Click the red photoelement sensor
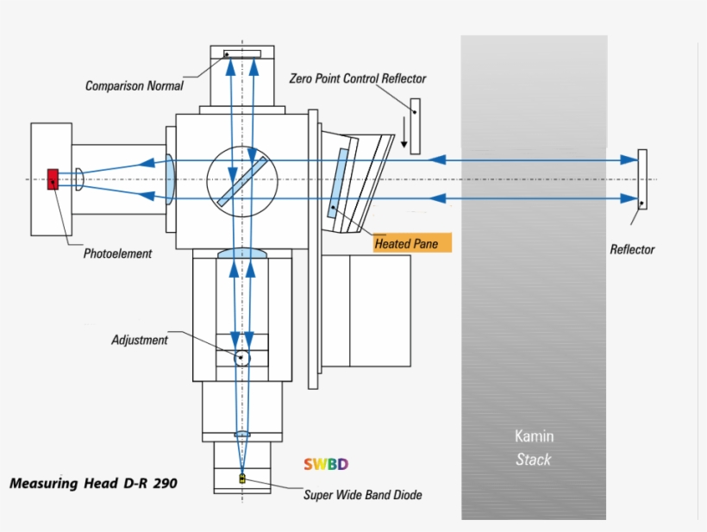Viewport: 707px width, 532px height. [53, 179]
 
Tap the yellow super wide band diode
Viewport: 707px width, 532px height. [242, 478]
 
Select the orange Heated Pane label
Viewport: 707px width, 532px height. [412, 242]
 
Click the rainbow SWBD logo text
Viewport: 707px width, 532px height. [326, 464]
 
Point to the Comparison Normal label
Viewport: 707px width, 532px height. [134, 85]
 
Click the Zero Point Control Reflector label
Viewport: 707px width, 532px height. [358, 78]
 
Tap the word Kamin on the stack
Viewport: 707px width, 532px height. [535, 436]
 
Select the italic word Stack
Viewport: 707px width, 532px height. [534, 460]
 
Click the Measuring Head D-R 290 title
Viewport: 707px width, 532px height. [93, 484]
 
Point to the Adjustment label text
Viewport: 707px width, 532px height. [140, 340]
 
